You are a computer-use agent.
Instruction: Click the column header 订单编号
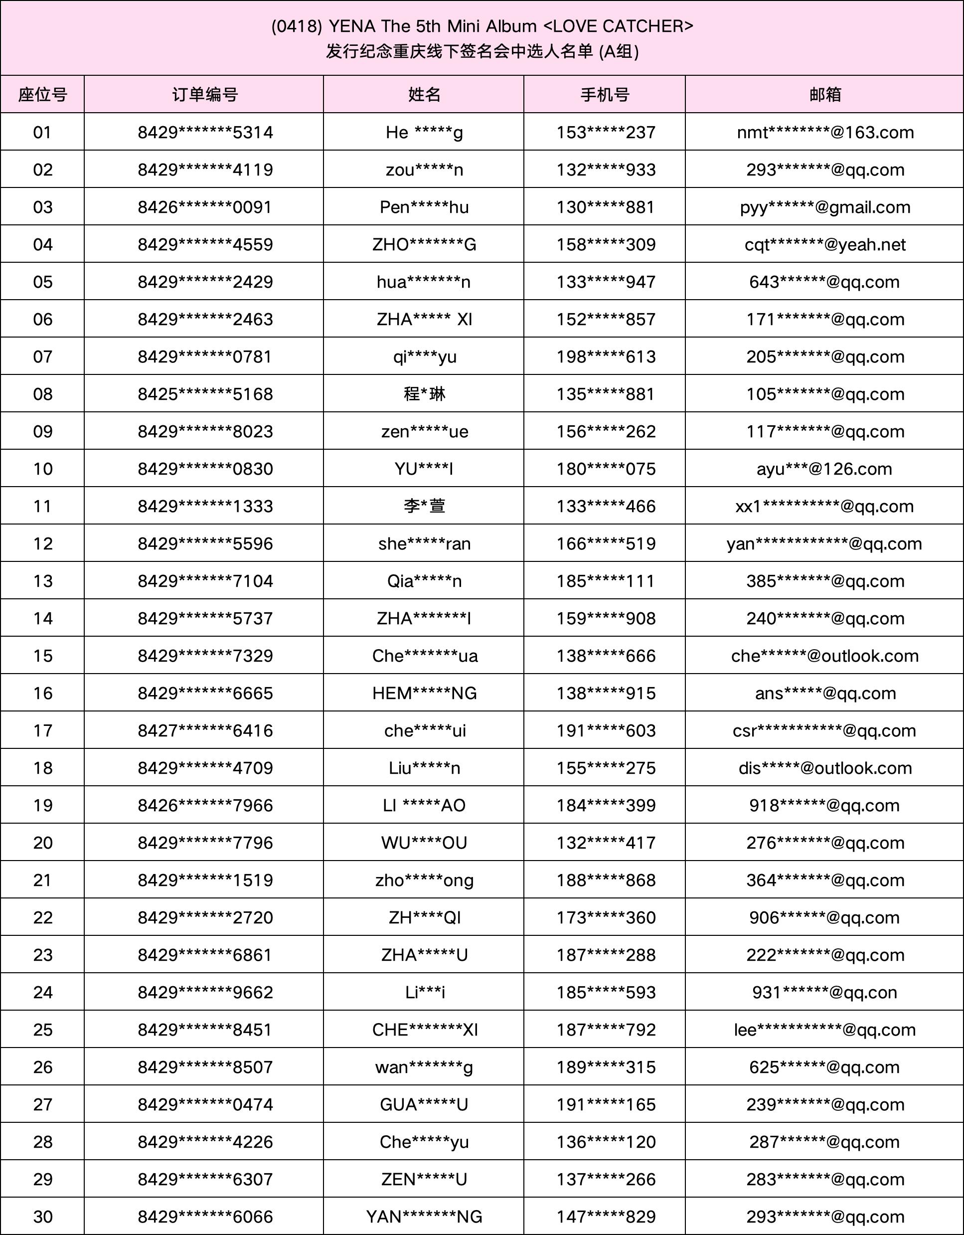(205, 94)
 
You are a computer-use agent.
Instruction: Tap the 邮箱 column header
(825, 94)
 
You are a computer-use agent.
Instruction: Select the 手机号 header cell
(605, 94)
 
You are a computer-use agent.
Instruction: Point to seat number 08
(42, 394)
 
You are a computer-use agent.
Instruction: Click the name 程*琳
(424, 394)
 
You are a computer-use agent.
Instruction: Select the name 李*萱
(424, 506)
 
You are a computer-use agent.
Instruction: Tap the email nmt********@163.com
(825, 132)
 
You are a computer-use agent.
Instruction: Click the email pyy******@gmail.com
(825, 207)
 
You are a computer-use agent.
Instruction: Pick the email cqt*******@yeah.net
(825, 244)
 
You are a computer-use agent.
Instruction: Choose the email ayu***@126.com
(824, 469)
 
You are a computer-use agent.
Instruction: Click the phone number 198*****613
(606, 357)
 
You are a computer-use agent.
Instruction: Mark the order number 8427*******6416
(205, 730)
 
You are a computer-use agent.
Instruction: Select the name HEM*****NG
(424, 693)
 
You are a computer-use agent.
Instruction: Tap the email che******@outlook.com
(824, 656)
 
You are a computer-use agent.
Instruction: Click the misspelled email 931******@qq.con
(824, 992)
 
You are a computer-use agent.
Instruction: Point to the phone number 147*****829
(606, 1217)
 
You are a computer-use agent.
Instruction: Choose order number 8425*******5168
(205, 394)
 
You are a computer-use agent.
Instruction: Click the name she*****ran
(424, 543)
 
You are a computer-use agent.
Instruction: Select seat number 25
(42, 1030)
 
